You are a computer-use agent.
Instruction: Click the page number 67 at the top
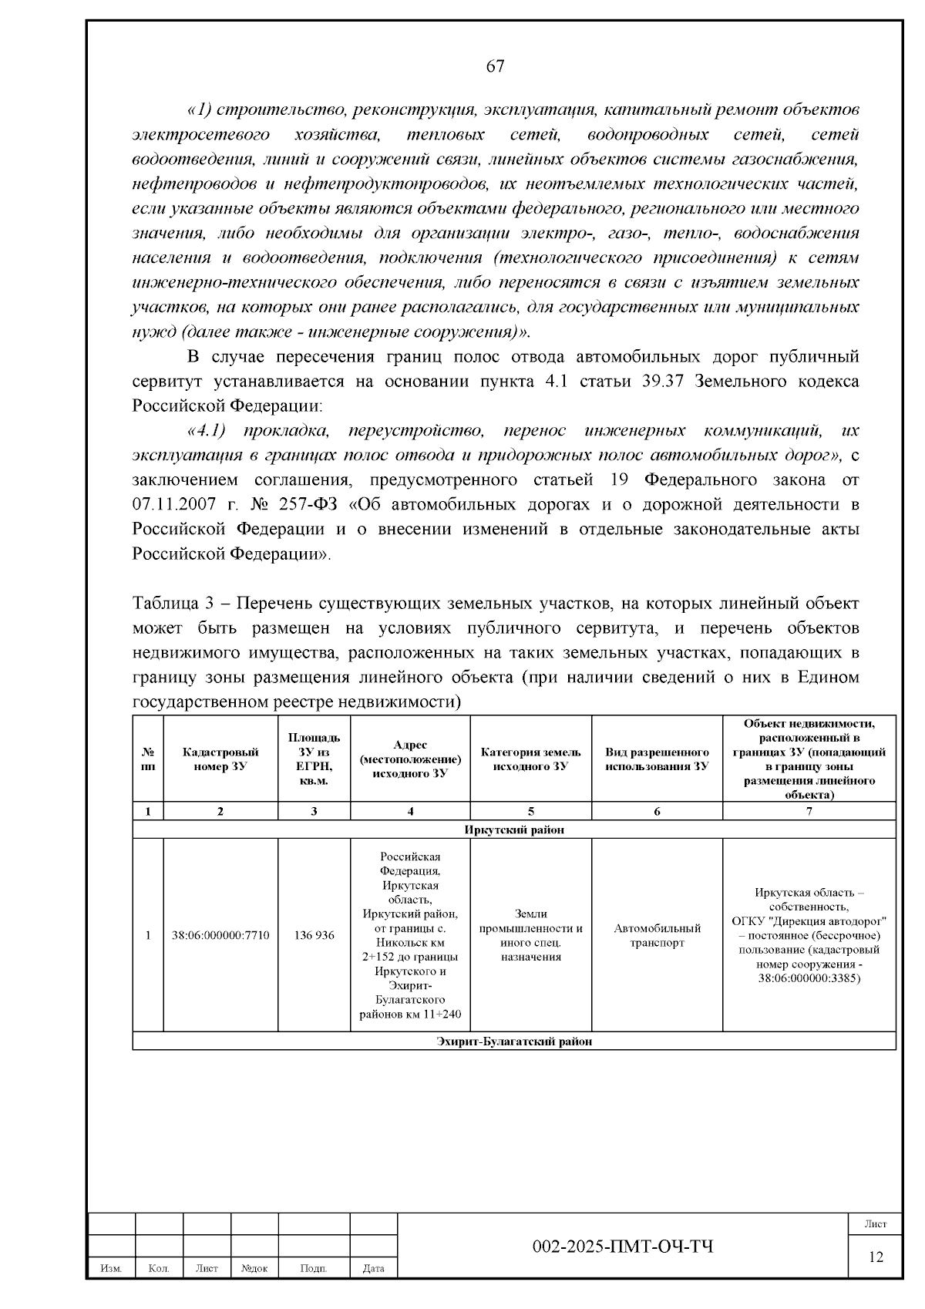(496, 66)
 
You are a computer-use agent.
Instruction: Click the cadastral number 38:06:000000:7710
(220, 935)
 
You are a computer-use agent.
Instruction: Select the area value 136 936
(314, 935)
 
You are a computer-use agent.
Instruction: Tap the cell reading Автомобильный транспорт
(657, 935)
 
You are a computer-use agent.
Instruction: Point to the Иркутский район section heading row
(513, 829)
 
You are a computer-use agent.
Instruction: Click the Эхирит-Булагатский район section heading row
(513, 1041)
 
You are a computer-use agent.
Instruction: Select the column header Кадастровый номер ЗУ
(220, 759)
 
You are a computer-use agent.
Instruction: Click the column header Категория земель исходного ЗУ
(530, 759)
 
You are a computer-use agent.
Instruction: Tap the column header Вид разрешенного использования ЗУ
(657, 759)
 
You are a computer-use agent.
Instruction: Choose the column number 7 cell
(809, 811)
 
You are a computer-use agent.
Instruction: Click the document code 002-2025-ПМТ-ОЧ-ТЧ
(623, 1247)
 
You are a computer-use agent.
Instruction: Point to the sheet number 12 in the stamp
(876, 1257)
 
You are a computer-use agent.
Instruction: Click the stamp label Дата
(373, 1268)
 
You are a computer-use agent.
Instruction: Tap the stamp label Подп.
(313, 1268)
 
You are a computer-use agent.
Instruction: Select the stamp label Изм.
(111, 1268)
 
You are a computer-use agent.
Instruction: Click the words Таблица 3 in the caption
(168, 603)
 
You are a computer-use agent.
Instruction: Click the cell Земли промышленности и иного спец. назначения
(530, 935)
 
